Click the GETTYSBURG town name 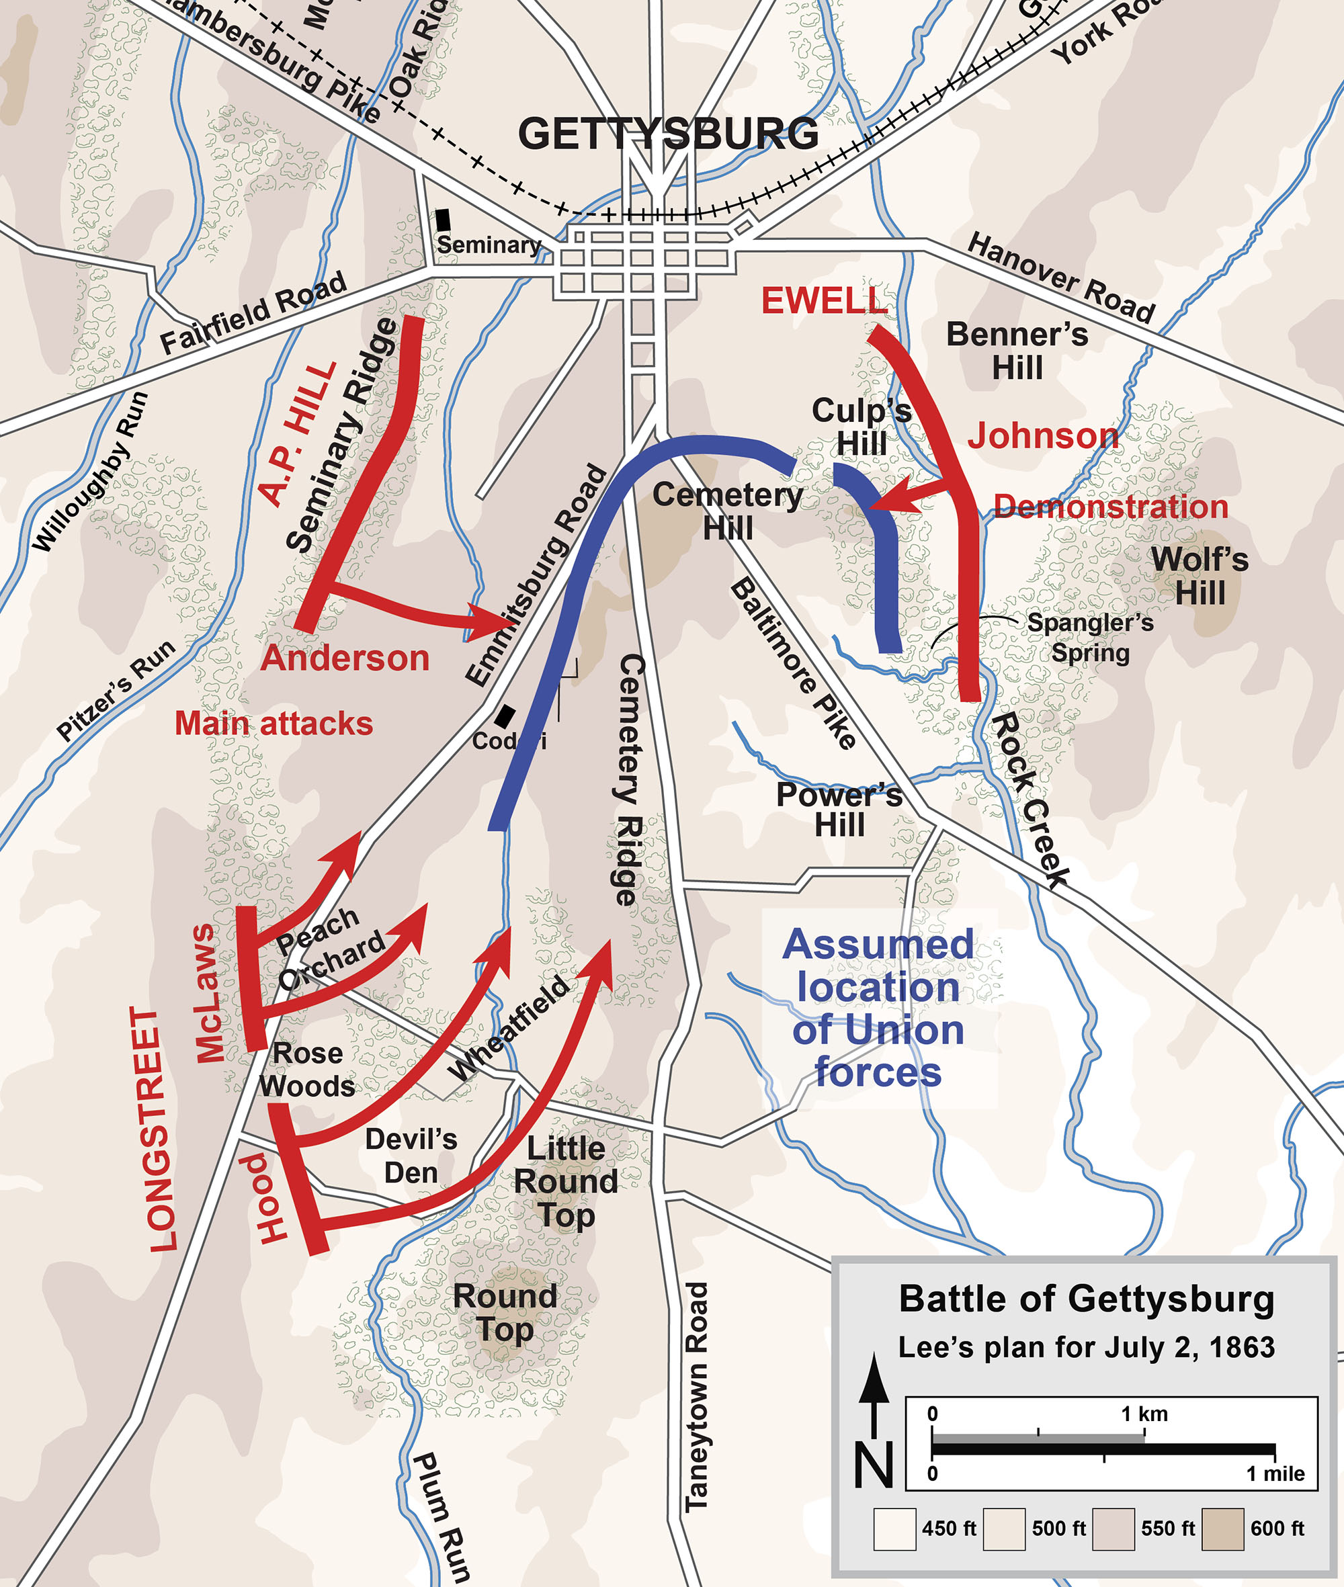tap(668, 134)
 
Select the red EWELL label tap(825, 301)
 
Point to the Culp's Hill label tap(862, 427)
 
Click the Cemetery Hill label tap(728, 511)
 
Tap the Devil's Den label tap(411, 1155)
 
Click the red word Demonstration tap(1111, 507)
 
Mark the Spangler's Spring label tap(1090, 638)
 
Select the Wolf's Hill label tap(1200, 576)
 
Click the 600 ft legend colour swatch tap(1222, 1529)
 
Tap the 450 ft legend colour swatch tap(894, 1529)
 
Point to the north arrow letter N tap(874, 1464)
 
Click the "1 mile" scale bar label tap(1275, 1473)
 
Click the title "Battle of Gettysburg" tap(1087, 1299)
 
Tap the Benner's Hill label tap(1017, 351)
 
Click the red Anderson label tap(345, 658)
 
